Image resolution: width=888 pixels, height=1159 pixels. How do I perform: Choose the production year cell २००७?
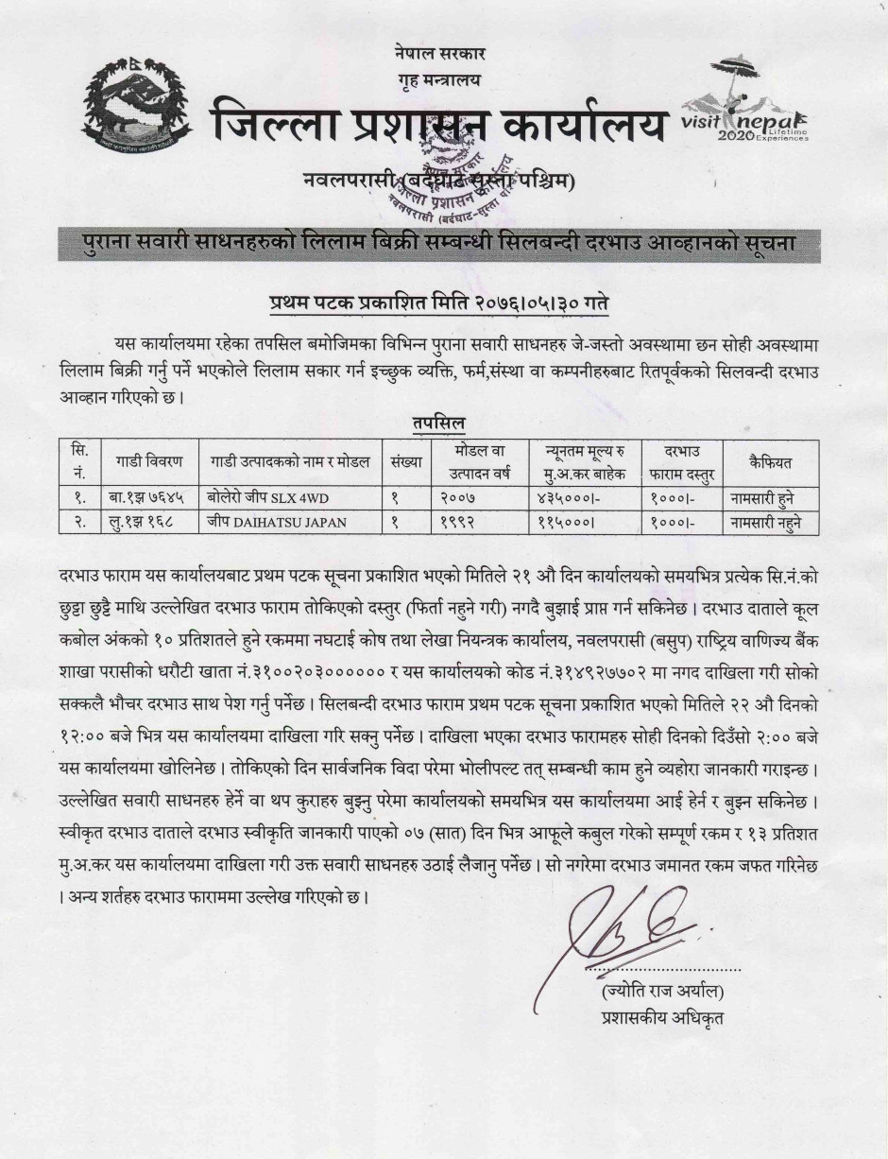[x=459, y=496]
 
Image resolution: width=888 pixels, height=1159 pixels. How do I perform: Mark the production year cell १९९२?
[x=459, y=521]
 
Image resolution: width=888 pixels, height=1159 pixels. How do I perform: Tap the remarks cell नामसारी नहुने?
[x=773, y=521]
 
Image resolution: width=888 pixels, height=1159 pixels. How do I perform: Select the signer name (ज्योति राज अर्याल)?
[x=661, y=992]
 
